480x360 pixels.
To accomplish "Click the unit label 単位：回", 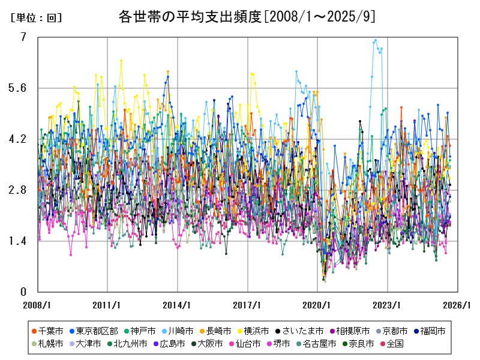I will click(36, 18).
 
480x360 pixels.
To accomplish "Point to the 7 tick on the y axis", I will click(23, 37).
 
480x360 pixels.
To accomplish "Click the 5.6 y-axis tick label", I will click(19, 88).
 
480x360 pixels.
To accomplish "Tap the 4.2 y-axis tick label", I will click(19, 139).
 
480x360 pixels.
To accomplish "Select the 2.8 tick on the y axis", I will click(19, 190).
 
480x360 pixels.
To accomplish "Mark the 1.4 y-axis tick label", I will click(19, 241).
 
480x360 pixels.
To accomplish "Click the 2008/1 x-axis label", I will click(37, 305).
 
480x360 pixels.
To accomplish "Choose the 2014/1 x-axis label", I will click(178, 305).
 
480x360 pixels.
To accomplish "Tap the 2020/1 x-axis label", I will click(318, 305).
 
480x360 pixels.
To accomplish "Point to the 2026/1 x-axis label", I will click(458, 305).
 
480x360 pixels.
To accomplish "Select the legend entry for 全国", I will click(395, 344).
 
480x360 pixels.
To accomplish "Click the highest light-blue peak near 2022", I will click(376, 41).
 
